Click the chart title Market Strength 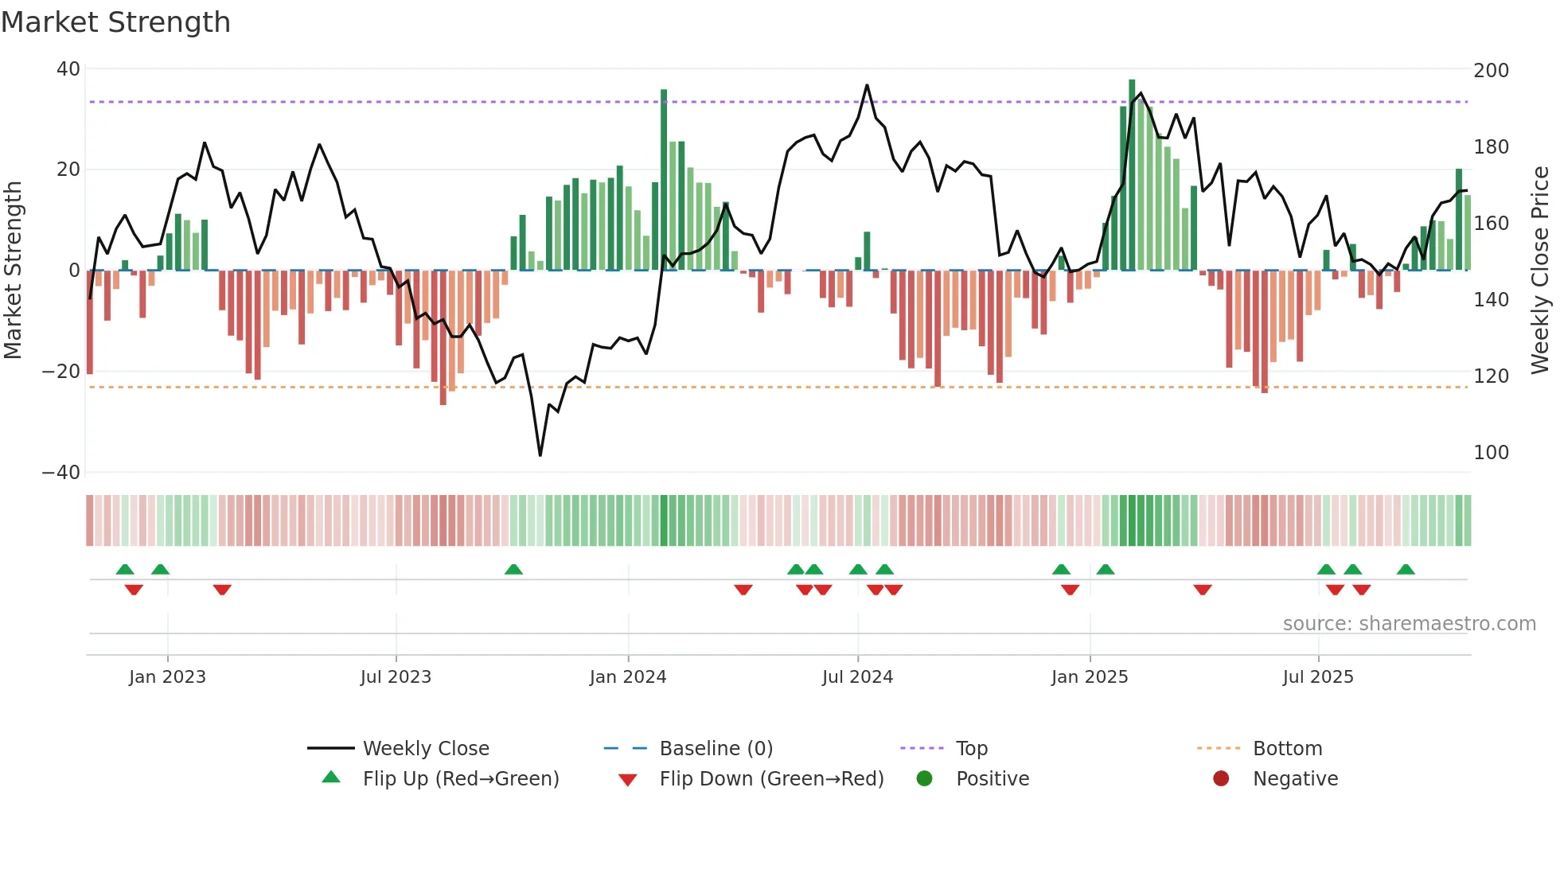115,22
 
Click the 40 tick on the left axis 68,69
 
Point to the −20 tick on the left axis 61,371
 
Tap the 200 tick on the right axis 1491,71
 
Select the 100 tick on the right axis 1491,453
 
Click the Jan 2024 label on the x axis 627,677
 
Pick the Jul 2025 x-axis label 1317,677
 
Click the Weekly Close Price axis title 1540,271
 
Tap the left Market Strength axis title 13,271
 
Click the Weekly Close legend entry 425,749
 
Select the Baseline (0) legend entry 716,749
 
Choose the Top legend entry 971,749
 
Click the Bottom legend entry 1286,749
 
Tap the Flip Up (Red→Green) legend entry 460,779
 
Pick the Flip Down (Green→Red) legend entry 770,779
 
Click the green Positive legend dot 924,779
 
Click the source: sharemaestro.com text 1409,624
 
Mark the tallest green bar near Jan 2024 664,179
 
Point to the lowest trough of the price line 540,454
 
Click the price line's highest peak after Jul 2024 867,85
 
